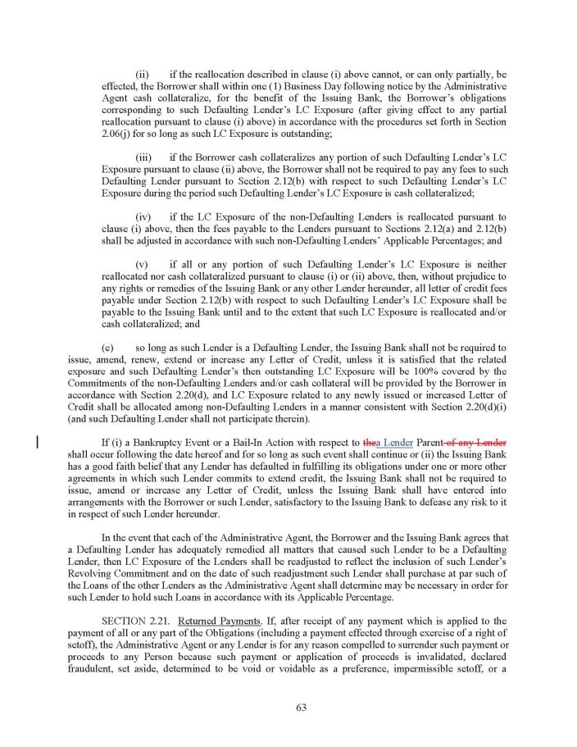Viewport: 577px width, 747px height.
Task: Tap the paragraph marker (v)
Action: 142,265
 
